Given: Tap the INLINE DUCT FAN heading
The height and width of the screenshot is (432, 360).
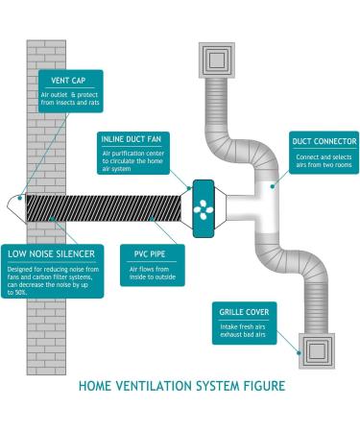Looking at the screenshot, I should point(135,140).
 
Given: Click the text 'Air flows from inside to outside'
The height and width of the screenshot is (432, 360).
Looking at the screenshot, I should point(144,276).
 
